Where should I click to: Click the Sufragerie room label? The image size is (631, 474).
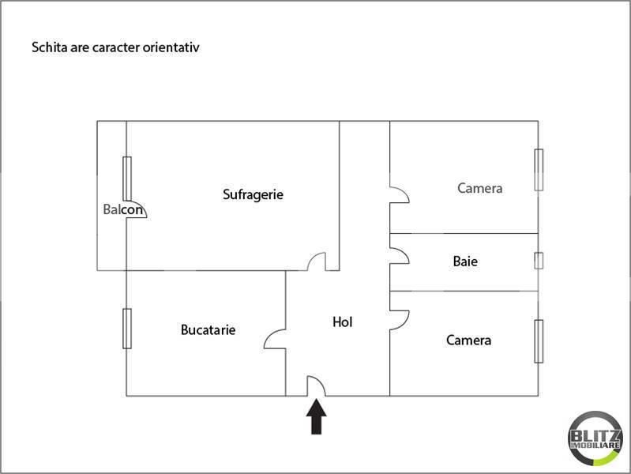[253, 194]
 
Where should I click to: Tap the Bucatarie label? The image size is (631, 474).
[208, 330]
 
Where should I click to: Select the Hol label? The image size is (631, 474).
[342, 322]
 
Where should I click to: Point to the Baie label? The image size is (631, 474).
[465, 261]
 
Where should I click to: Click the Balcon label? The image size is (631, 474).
[123, 210]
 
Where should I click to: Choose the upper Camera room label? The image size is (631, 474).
[479, 188]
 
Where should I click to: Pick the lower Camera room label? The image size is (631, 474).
[468, 340]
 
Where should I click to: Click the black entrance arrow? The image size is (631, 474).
[316, 416]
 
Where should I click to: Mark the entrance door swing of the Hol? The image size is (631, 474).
[316, 386]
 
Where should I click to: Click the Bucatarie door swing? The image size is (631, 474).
[275, 338]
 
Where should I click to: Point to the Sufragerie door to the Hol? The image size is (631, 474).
[317, 261]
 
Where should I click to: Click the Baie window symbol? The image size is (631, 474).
[539, 261]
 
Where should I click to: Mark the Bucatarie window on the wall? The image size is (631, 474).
[126, 328]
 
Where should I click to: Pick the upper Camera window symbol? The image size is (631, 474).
[539, 170]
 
